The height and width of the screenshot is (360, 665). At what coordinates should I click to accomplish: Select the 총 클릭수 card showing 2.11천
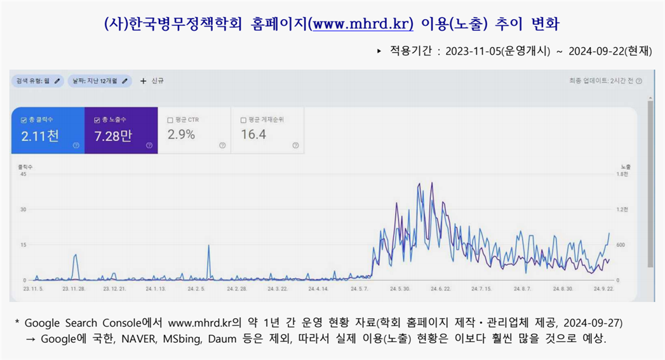click(x=47, y=130)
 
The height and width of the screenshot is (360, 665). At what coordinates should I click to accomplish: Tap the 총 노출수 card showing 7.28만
click(x=121, y=130)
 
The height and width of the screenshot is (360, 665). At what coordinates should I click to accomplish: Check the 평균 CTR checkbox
click(x=170, y=119)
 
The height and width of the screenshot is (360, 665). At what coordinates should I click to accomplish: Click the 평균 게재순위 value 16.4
click(x=253, y=135)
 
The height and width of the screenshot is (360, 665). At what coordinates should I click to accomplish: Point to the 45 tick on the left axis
click(x=24, y=174)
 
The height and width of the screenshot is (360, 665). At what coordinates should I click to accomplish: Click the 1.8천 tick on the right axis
click(x=622, y=174)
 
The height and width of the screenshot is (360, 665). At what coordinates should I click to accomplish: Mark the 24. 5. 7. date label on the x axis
click(x=359, y=289)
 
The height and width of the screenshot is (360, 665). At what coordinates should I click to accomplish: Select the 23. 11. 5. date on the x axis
click(x=32, y=289)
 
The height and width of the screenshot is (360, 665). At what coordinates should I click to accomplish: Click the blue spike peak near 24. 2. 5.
click(x=209, y=246)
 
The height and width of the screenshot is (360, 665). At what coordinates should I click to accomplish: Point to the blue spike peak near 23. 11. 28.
click(x=76, y=255)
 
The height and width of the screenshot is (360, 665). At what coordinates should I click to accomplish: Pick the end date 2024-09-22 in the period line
click(x=596, y=51)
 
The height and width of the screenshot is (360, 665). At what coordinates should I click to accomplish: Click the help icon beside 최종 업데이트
click(x=638, y=81)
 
